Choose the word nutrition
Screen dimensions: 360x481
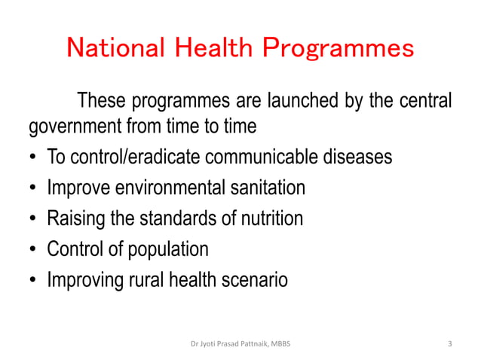coord(268,218)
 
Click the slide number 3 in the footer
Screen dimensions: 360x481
coord(449,344)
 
